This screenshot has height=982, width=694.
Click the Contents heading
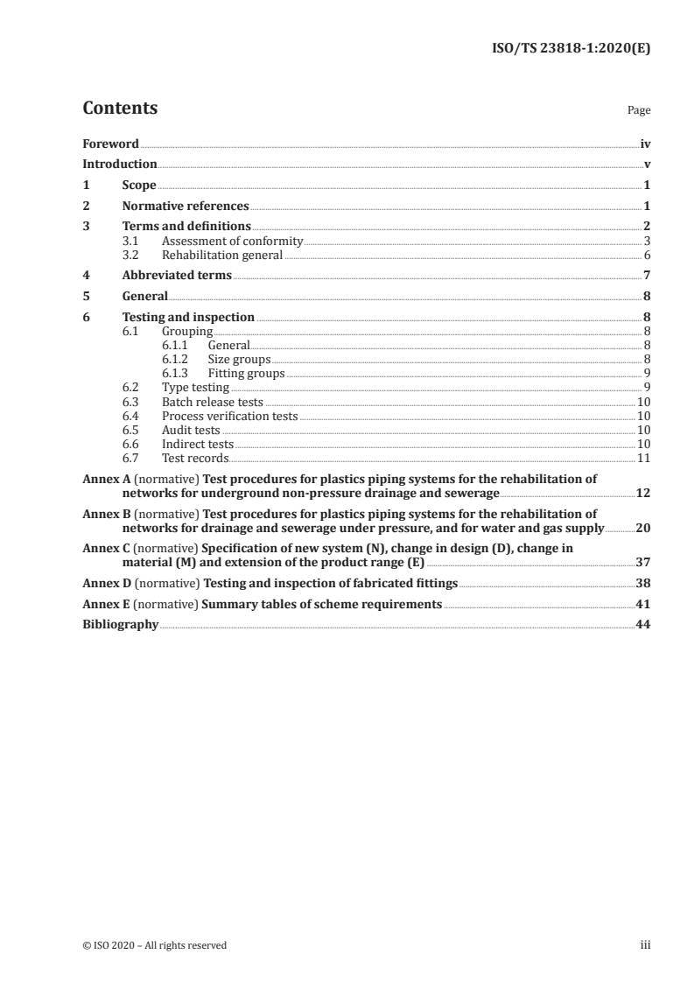click(x=120, y=109)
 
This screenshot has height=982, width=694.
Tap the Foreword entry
click(x=110, y=144)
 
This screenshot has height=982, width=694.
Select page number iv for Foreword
click(x=645, y=144)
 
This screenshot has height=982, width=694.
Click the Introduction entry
click(x=120, y=164)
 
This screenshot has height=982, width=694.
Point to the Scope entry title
click(x=139, y=186)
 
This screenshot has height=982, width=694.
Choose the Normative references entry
click(x=186, y=207)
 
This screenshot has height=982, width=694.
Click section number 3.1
click(x=130, y=241)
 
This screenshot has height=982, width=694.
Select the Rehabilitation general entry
click(x=222, y=256)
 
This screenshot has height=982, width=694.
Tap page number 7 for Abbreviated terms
click(x=647, y=276)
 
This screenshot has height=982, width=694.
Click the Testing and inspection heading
click(x=188, y=317)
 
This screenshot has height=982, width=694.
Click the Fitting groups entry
click(x=246, y=373)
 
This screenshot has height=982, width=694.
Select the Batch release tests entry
click(x=212, y=402)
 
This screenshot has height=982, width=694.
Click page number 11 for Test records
click(x=643, y=458)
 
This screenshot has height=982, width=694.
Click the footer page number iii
click(x=645, y=945)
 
